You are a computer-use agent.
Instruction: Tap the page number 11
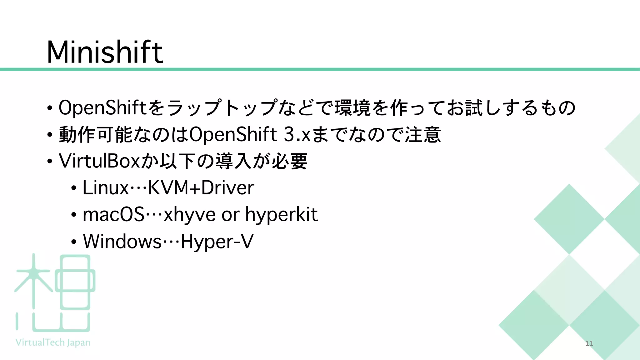coord(589,343)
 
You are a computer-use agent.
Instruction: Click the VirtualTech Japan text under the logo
coord(53,342)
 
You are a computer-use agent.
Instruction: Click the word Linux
coord(106,188)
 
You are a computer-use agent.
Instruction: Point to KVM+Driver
coord(201,188)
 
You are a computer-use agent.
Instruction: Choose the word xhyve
coord(189,215)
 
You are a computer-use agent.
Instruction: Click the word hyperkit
coord(281,215)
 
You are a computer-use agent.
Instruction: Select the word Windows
coord(122,242)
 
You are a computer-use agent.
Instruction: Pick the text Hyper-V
coord(217,242)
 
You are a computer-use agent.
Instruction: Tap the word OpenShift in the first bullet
coord(102,107)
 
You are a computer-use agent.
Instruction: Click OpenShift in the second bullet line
coord(233,134)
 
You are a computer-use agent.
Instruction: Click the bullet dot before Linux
coord(73,188)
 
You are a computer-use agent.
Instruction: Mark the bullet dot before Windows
coord(73,242)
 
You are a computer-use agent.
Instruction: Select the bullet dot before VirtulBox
coord(50,162)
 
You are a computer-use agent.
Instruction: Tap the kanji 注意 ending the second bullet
coord(423,134)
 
